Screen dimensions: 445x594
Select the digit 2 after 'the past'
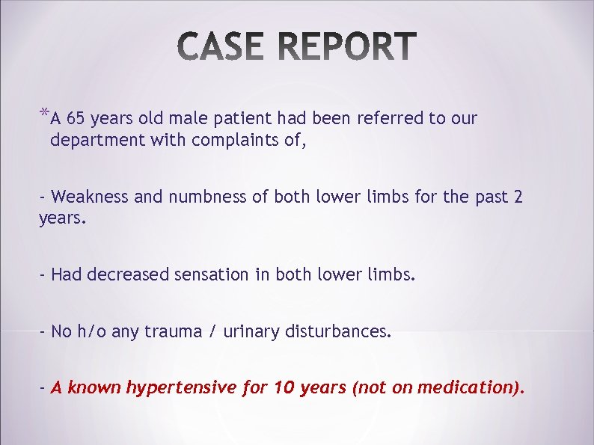pyautogui.click(x=518, y=197)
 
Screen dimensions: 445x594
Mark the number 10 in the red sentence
pyautogui.click(x=283, y=387)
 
